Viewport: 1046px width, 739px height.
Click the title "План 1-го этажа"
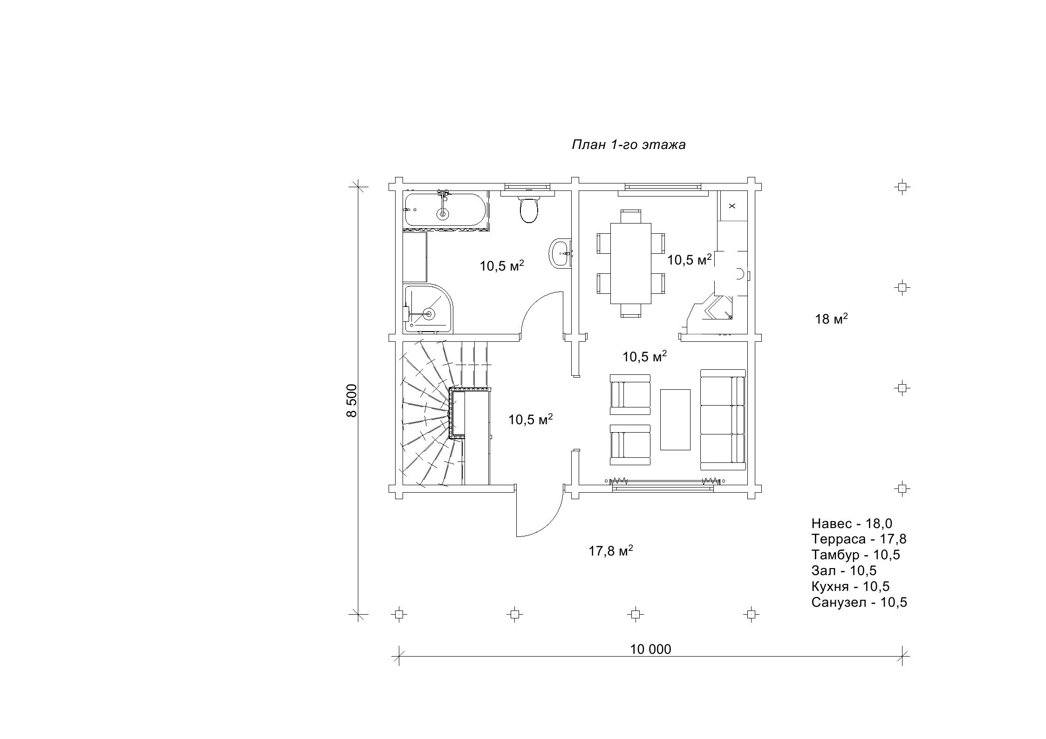(x=629, y=145)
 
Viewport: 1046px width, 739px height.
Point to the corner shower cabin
(x=428, y=309)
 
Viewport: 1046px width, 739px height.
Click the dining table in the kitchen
(x=631, y=263)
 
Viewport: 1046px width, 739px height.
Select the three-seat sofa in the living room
(x=723, y=420)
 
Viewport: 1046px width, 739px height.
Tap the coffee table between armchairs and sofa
(x=675, y=420)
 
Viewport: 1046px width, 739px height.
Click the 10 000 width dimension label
(x=651, y=649)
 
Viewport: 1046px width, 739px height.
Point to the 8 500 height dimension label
(x=352, y=400)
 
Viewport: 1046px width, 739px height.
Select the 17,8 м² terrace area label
(x=611, y=551)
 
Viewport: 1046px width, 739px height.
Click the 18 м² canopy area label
(x=831, y=319)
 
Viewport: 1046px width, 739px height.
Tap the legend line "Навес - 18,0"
(x=852, y=523)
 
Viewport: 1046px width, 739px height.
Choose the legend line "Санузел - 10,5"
(x=859, y=602)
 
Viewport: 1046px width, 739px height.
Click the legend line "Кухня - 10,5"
(x=850, y=586)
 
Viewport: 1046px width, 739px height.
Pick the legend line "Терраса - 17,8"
(x=859, y=539)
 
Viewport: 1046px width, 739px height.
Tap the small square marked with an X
(x=732, y=205)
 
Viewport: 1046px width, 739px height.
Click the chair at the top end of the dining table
(x=631, y=217)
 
